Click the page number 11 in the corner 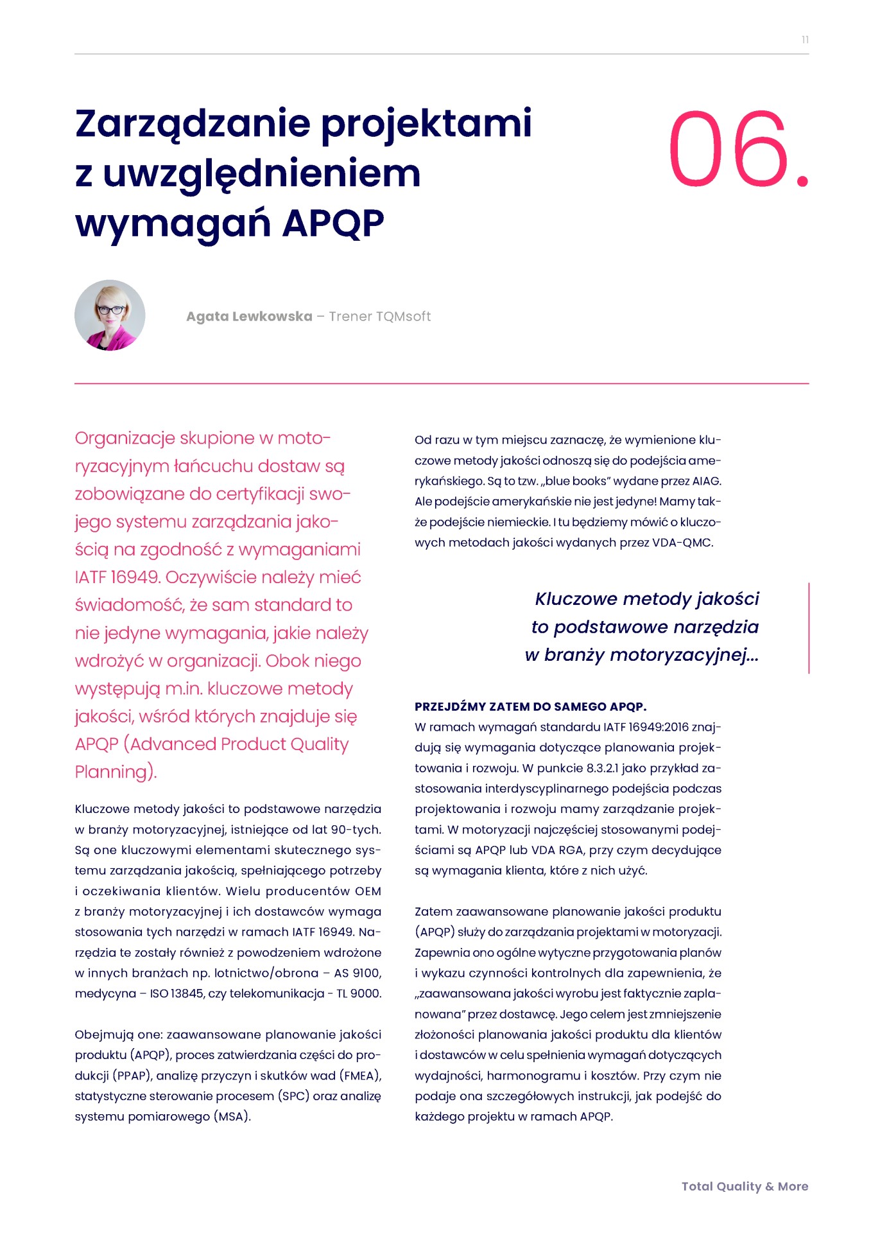click(x=805, y=40)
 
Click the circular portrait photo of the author click(x=110, y=315)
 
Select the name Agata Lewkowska click(x=249, y=317)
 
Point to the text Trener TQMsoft click(x=379, y=317)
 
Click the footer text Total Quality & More click(x=745, y=1186)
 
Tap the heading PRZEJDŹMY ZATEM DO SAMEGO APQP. click(x=530, y=706)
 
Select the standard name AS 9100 click(x=358, y=973)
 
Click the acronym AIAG click(x=707, y=481)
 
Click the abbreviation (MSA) click(x=232, y=1117)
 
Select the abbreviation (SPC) click(x=294, y=1096)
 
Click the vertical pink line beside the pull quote click(x=809, y=627)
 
